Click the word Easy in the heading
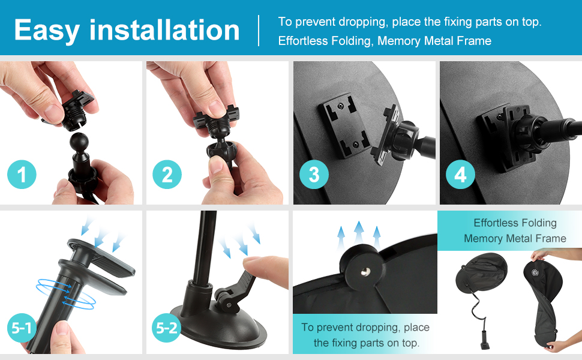pyautogui.click(x=47, y=31)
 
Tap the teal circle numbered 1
pyautogui.click(x=22, y=175)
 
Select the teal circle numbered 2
pyautogui.click(x=167, y=175)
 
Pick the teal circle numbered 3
pyautogui.click(x=314, y=175)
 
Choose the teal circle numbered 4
pyautogui.click(x=460, y=175)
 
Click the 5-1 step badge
pyautogui.click(x=22, y=328)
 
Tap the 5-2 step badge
pyautogui.click(x=167, y=328)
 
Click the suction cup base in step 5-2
pyautogui.click(x=219, y=326)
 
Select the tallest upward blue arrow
pyautogui.click(x=359, y=233)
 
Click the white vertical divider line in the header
pyautogui.click(x=259, y=31)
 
